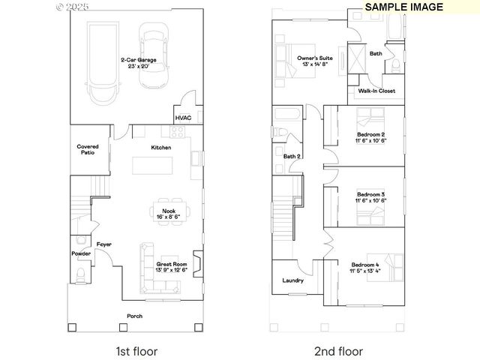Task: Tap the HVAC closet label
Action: click(183, 118)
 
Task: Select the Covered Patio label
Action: click(88, 149)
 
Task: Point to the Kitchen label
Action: click(161, 148)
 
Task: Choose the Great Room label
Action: click(171, 265)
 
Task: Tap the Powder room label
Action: click(81, 253)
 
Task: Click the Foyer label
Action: click(103, 245)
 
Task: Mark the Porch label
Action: click(135, 316)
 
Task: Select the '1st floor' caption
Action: click(136, 351)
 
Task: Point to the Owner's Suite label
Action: click(315, 58)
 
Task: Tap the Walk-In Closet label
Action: click(376, 91)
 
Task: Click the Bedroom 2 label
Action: click(370, 135)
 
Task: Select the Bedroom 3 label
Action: click(370, 195)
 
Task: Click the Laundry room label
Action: click(292, 280)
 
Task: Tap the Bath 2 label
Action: click(292, 156)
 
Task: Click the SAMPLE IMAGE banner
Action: click(404, 7)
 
